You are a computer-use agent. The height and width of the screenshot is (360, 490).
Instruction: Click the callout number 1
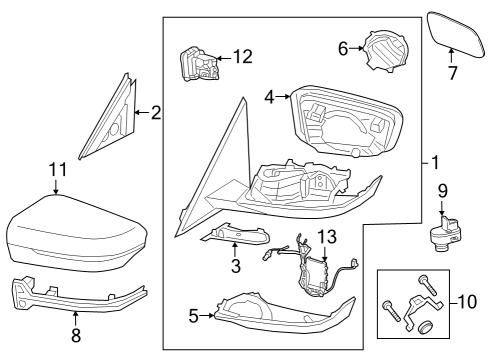pos(434,161)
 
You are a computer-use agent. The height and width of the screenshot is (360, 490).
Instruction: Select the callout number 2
pos(155,113)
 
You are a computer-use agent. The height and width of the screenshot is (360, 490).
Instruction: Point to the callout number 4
pos(268,97)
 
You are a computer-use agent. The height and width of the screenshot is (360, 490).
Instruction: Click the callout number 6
pos(342,47)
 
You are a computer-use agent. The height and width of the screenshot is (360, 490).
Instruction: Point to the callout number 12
pos(241,58)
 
